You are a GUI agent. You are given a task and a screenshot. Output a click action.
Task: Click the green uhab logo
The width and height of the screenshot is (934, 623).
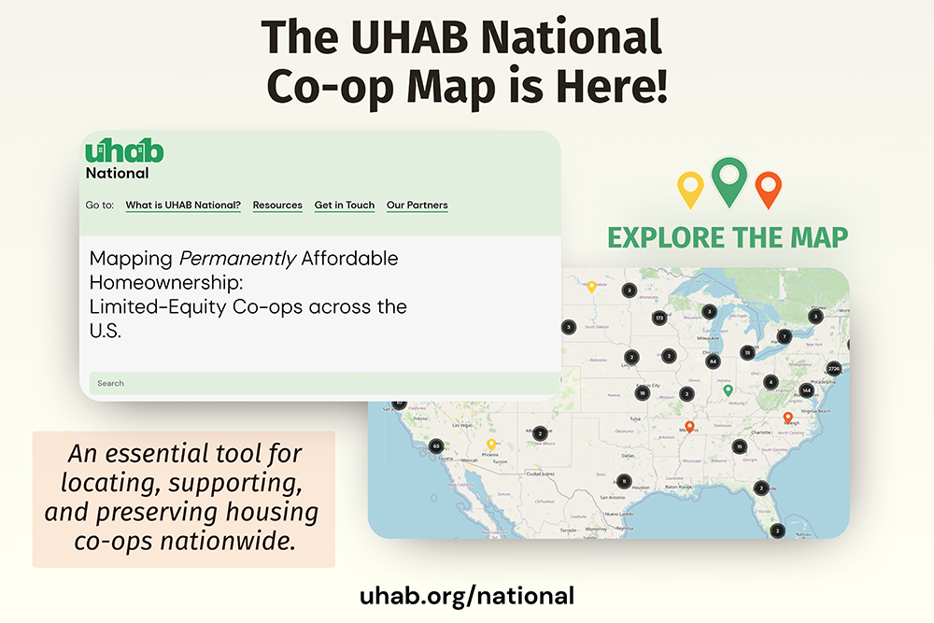(x=124, y=151)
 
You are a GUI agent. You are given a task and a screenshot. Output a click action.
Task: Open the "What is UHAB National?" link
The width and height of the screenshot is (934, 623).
(x=183, y=205)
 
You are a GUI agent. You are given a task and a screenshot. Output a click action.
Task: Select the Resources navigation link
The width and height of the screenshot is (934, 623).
(x=277, y=205)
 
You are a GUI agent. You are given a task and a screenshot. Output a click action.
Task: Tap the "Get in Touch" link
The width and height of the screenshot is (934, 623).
(x=345, y=205)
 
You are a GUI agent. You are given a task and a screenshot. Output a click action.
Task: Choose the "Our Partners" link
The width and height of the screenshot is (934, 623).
(x=417, y=205)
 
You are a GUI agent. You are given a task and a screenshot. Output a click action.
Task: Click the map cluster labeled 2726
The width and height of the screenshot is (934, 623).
(x=834, y=369)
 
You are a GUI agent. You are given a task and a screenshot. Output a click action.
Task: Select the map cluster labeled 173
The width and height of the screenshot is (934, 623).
(x=658, y=319)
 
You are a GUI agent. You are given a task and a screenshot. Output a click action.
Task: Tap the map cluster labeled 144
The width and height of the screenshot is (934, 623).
(x=806, y=390)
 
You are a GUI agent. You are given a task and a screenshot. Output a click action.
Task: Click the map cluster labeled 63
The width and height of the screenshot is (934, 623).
(x=436, y=446)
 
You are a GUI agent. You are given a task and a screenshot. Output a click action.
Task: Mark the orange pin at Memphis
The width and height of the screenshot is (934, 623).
(x=689, y=427)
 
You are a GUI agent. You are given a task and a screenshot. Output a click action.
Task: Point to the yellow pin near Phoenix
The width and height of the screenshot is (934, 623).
(x=490, y=445)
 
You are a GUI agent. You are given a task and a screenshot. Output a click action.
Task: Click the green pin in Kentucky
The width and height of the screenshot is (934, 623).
(x=729, y=390)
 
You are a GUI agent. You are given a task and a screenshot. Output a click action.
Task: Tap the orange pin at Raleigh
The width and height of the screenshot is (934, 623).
(x=787, y=417)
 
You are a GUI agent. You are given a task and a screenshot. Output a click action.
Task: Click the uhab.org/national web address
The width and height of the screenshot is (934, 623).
(x=467, y=595)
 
